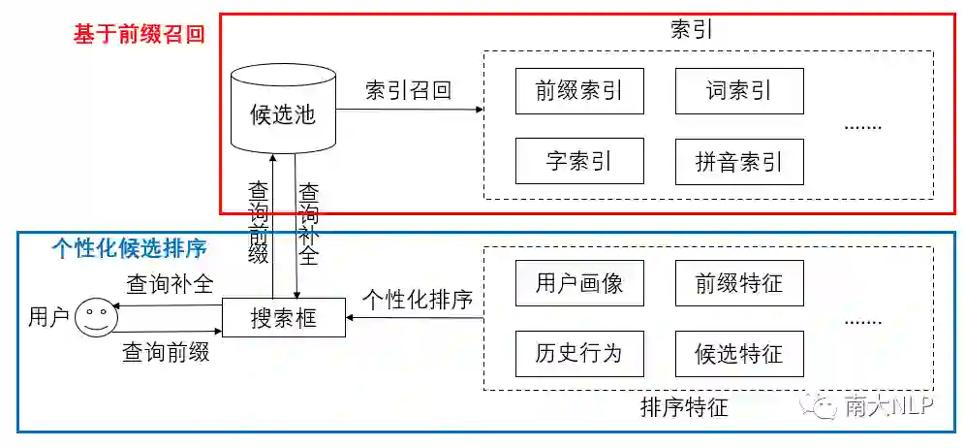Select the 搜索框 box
click(283, 317)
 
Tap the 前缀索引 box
click(579, 91)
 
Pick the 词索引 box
click(739, 91)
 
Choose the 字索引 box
click(579, 161)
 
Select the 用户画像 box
click(579, 283)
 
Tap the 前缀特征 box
click(739, 283)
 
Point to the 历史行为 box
click(579, 353)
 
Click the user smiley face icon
click(93, 317)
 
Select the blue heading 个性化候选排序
click(129, 248)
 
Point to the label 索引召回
click(408, 91)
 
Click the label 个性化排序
click(418, 300)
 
